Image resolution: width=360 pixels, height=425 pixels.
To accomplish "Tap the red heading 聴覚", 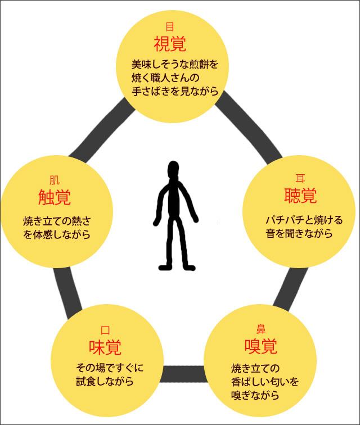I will (x=300, y=196).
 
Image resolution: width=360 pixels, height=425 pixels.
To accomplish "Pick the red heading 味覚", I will (x=105, y=347).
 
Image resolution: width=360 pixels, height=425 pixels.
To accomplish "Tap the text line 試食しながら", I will (x=105, y=382).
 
